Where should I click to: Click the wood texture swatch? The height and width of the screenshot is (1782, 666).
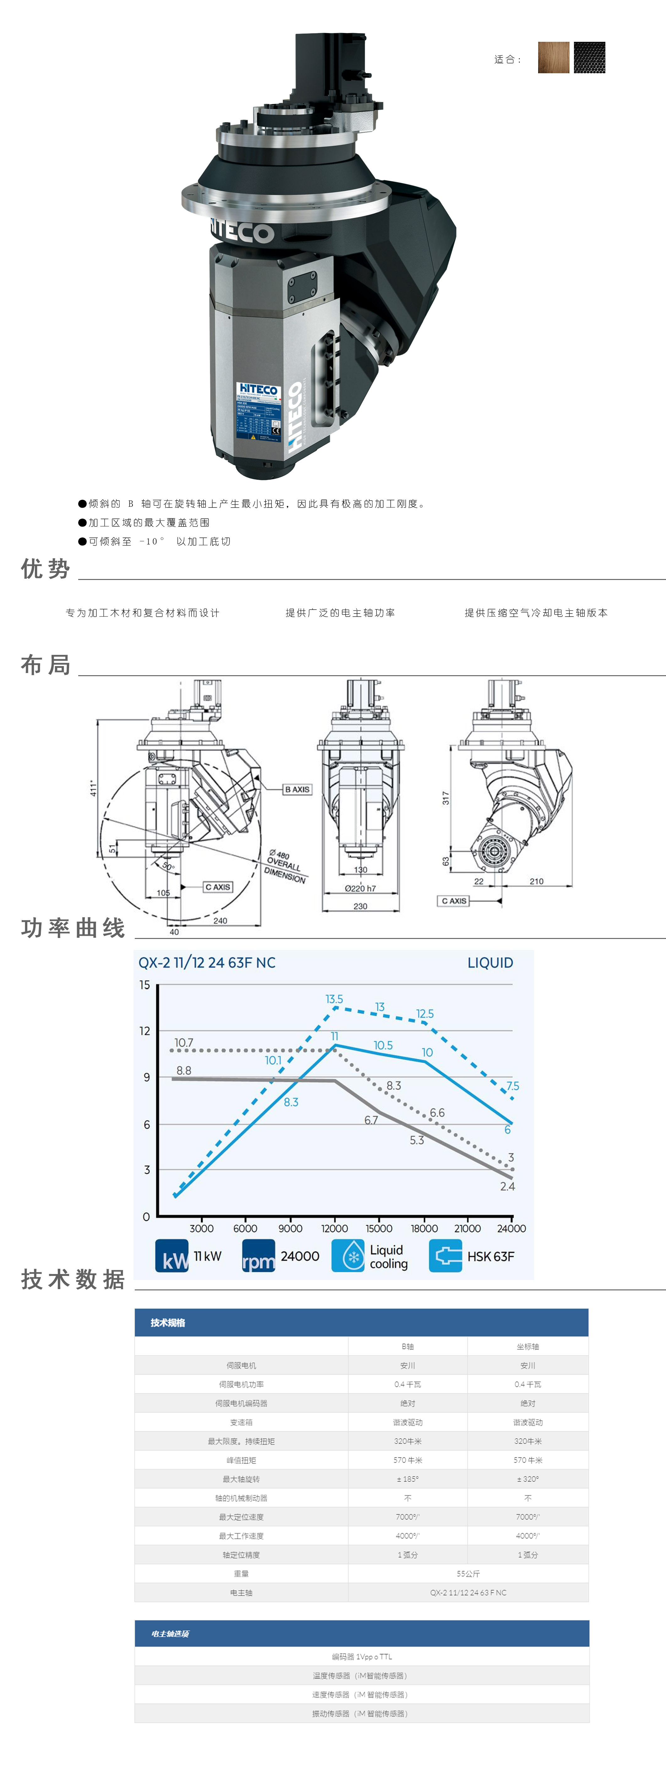553,58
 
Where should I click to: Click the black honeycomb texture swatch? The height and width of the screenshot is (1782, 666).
589,58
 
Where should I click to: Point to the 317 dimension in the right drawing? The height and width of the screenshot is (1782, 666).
445,797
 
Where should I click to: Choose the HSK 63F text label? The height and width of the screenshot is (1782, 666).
490,1256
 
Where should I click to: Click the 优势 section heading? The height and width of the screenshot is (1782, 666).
46,569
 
